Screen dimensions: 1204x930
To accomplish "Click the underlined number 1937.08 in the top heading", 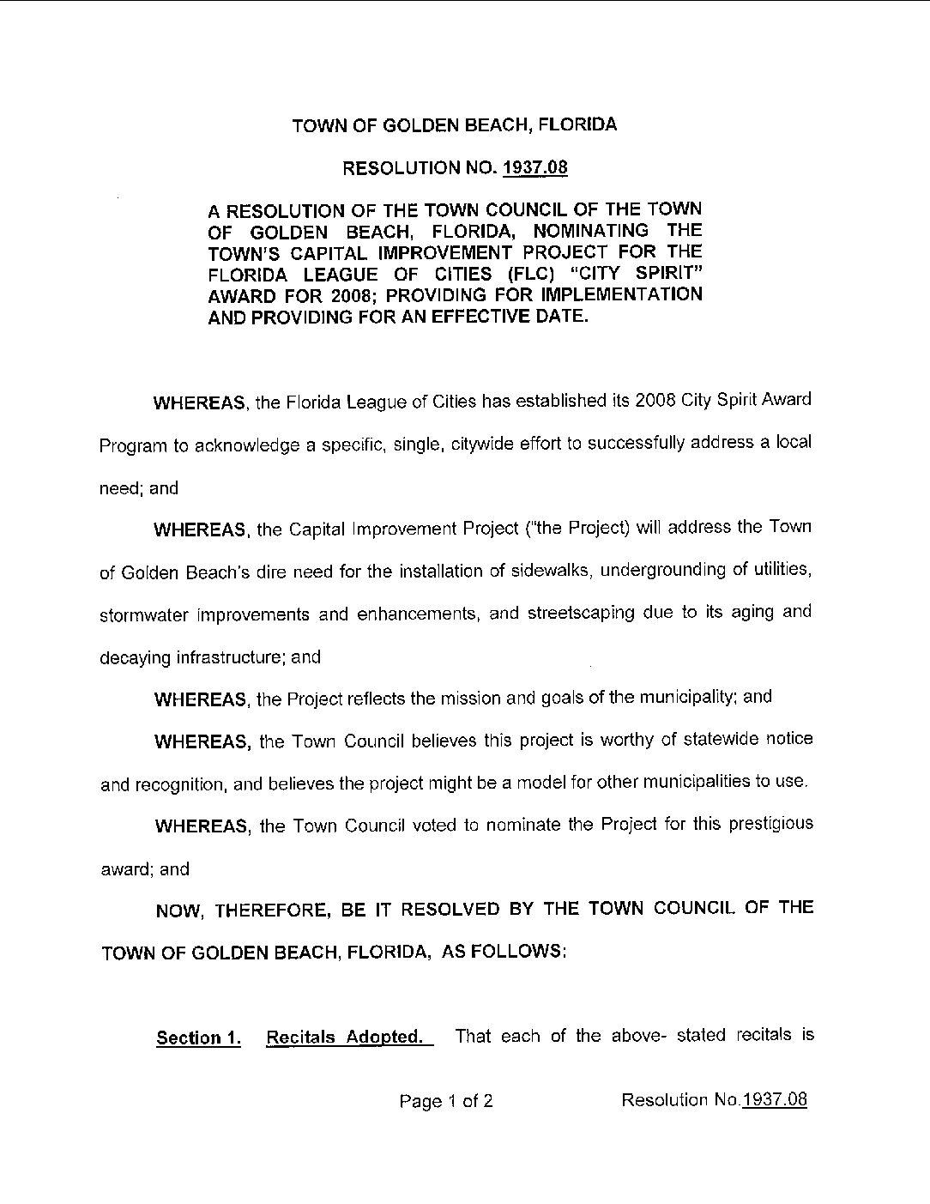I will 534,167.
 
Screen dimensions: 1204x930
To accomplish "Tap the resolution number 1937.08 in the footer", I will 775,1100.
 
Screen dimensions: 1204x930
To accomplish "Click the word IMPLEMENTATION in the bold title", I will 629,294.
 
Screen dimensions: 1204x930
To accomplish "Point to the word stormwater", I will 144,615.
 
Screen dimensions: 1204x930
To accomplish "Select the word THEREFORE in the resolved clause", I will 274,911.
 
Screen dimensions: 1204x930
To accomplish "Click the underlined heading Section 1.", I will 197,1038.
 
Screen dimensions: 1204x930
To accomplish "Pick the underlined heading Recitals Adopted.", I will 345,1037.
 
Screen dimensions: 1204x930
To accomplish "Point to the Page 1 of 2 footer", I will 446,1101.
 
